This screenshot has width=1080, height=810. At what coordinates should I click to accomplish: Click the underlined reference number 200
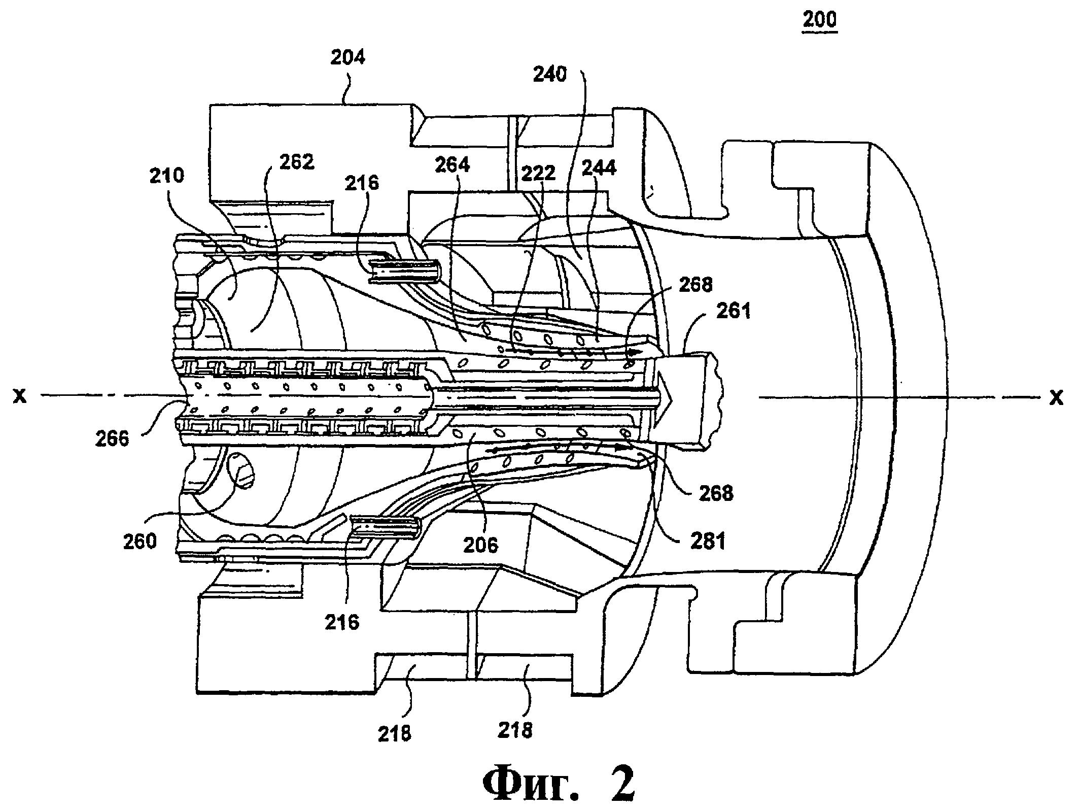(819, 20)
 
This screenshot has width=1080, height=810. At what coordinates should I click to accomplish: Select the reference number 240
(550, 75)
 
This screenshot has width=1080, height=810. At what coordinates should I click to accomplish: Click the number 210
(167, 176)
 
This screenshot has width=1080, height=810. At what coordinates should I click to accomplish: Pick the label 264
(452, 164)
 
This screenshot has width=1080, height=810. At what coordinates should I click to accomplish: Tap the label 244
(599, 167)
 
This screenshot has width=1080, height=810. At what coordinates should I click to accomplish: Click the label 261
(733, 310)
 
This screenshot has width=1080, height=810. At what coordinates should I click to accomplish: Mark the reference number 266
(113, 437)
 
